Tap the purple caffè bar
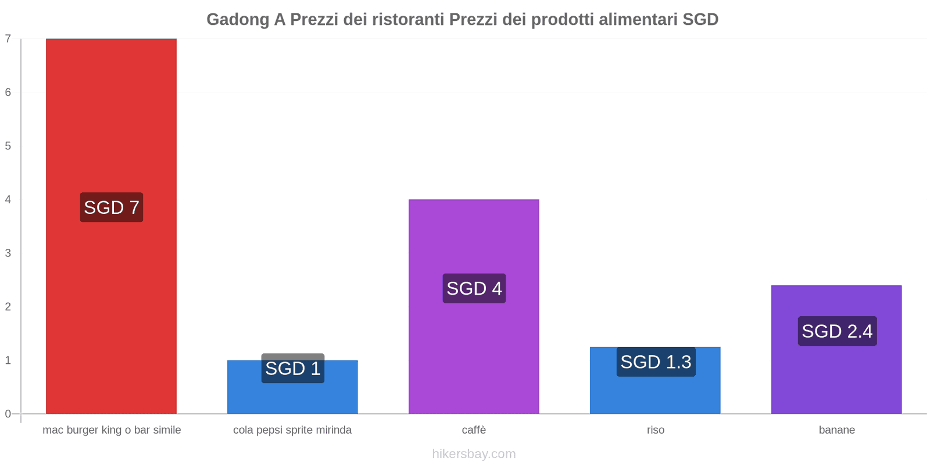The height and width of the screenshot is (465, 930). (474, 349)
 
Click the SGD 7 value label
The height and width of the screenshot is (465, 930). (112, 208)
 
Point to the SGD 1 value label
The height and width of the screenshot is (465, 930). (293, 369)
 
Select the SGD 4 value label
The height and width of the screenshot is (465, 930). (474, 288)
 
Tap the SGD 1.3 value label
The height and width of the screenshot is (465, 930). (656, 362)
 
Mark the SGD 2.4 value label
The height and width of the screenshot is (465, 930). (837, 331)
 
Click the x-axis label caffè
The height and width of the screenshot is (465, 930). (474, 430)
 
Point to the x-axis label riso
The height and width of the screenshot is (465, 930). (656, 430)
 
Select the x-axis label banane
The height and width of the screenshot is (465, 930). (836, 430)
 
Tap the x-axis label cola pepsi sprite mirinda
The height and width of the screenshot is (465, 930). (292, 430)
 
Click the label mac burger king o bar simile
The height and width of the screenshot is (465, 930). (112, 430)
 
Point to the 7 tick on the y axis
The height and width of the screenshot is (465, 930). (8, 39)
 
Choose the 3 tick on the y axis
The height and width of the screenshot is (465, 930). (8, 253)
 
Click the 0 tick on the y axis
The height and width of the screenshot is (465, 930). (8, 414)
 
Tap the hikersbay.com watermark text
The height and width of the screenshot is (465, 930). (474, 454)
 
